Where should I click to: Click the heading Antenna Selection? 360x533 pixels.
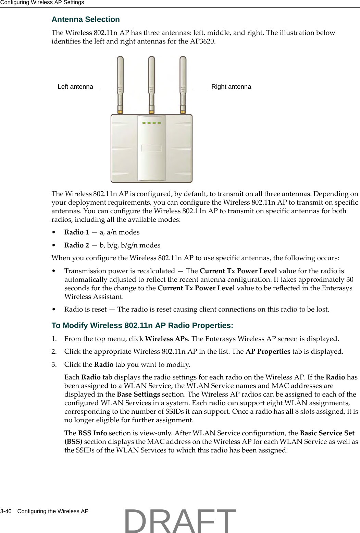click(86, 20)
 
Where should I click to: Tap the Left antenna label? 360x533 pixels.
click(75, 87)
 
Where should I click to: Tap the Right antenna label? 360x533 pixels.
click(231, 87)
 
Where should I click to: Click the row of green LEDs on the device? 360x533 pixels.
click(151, 123)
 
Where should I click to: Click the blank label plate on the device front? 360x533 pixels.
click(151, 148)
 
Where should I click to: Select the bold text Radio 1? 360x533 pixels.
click(76, 232)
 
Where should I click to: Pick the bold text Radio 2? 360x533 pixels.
click(76, 245)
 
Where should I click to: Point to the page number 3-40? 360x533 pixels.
click(6, 511)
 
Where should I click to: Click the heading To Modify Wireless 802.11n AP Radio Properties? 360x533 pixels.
click(142, 326)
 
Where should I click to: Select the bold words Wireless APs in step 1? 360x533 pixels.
click(166, 339)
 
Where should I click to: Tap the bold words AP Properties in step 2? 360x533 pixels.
click(268, 352)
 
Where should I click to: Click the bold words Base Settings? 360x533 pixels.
click(138, 395)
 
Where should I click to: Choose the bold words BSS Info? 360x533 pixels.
click(92, 433)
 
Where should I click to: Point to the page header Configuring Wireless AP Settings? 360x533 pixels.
click(42, 3)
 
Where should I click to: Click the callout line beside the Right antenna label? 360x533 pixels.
click(201, 88)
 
